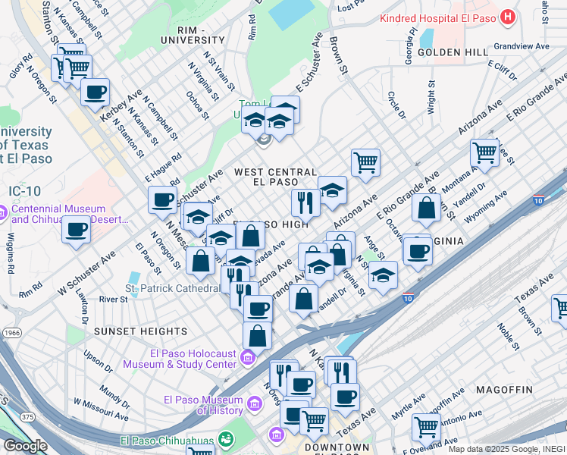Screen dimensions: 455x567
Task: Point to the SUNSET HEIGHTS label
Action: pos(140,331)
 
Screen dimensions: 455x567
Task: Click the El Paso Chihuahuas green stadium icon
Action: pos(225,439)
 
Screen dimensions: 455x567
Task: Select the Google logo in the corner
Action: pos(25,446)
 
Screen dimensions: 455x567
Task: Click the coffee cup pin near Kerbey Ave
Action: pos(95,93)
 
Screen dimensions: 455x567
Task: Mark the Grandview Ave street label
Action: pos(521,46)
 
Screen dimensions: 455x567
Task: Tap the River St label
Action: pos(113,300)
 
